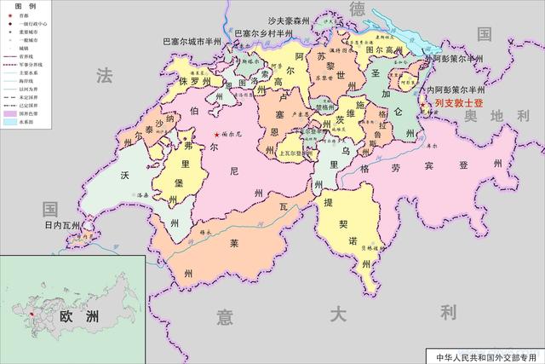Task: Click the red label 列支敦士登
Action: (x=458, y=103)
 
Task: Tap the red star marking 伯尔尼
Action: (x=216, y=135)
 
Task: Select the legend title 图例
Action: (x=26, y=6)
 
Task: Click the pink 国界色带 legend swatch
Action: (x=11, y=113)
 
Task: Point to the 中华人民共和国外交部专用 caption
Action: (x=484, y=355)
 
